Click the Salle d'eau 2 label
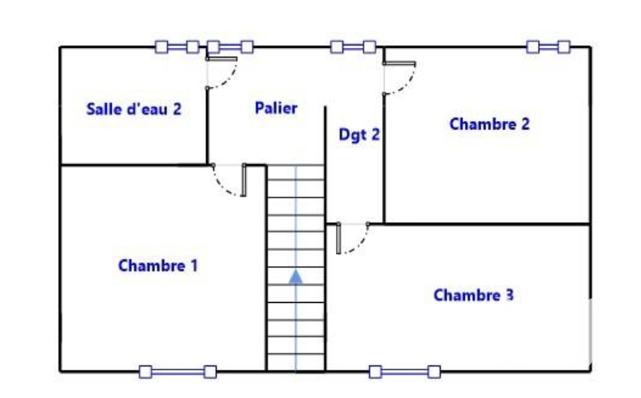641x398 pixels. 134,109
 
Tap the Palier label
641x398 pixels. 276,108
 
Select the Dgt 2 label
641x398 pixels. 359,135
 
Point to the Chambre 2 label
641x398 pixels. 489,124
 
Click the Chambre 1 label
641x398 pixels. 157,266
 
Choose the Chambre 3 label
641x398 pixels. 473,295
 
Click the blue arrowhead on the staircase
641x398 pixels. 296,277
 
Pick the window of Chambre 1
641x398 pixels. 178,372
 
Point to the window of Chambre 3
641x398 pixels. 405,372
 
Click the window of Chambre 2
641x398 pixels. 549,47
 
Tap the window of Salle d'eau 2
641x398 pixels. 177,47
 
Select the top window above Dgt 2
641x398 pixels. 353,47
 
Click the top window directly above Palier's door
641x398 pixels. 230,47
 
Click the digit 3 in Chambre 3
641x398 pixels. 510,295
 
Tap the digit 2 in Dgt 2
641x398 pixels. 376,134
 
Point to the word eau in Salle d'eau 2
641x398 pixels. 153,110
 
